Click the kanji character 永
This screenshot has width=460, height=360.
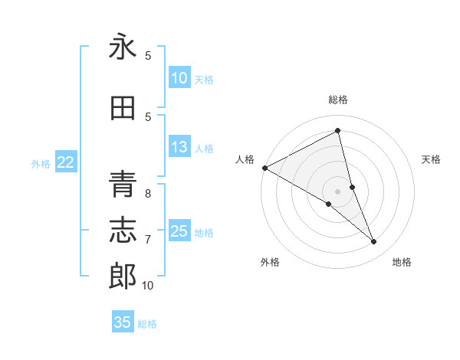123,48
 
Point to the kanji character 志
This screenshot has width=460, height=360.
123,230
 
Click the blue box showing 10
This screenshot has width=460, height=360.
179,78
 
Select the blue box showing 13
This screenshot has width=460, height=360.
179,148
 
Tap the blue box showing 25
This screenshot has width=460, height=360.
179,231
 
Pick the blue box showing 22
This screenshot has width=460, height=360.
66,162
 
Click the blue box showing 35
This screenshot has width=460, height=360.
123,322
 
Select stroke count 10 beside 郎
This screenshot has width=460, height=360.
148,286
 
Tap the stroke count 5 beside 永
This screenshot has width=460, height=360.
148,56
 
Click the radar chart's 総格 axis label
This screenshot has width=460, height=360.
338,100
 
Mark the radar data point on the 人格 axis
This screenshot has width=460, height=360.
264,168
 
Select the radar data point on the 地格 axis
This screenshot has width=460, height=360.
374,242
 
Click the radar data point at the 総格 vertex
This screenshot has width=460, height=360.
338,131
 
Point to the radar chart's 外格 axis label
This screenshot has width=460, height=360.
270,262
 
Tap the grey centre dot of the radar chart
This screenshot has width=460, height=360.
338,190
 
